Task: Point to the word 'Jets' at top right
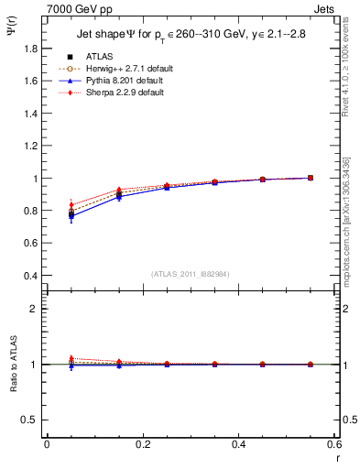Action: (x=326, y=8)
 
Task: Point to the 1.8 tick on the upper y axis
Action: (x=31, y=49)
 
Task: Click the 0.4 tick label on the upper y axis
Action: (x=31, y=276)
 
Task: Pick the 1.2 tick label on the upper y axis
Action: (x=31, y=146)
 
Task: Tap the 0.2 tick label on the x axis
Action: (x=143, y=445)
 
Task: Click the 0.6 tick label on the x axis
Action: (x=335, y=445)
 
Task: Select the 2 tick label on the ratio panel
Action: (x=35, y=309)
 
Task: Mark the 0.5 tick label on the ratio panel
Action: (x=31, y=420)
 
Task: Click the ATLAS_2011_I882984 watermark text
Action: (x=191, y=273)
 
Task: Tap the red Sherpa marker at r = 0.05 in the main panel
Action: (x=71, y=204)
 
